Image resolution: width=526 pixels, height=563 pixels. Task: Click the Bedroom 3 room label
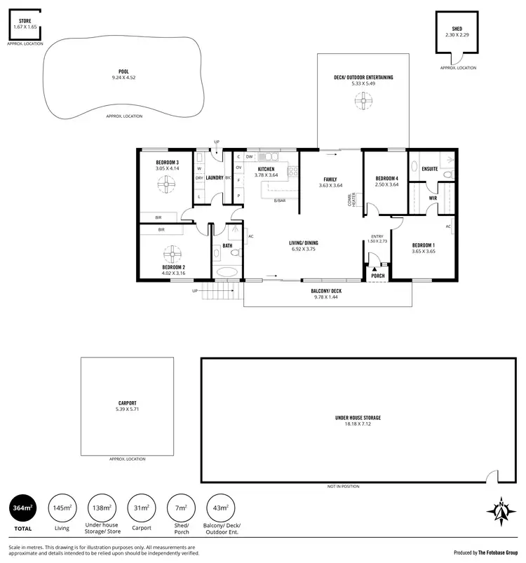(x=168, y=163)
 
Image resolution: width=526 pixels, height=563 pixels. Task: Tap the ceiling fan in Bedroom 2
(x=173, y=253)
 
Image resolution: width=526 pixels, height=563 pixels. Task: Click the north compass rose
(x=501, y=511)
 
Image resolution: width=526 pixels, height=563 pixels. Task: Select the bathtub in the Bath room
(x=227, y=271)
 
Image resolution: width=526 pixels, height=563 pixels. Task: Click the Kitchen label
(x=266, y=170)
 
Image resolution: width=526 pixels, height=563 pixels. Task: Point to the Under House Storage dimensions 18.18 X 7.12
(x=363, y=424)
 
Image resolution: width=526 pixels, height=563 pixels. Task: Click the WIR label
(x=433, y=198)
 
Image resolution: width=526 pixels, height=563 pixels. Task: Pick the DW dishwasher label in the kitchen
(x=249, y=157)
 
